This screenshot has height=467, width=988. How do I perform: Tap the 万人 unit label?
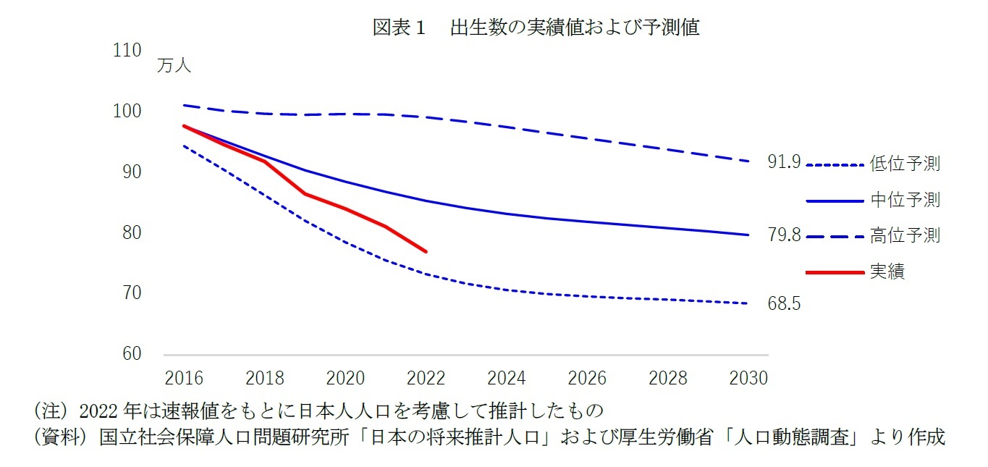174,66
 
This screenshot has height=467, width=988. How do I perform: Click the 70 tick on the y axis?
130,293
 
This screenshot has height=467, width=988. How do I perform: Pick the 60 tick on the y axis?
130,354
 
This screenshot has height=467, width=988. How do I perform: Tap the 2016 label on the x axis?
184,378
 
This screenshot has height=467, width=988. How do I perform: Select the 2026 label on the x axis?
587,378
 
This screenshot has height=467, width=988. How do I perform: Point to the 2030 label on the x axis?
748,378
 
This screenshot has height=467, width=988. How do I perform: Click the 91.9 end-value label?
784,163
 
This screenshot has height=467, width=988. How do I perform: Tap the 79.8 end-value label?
784,235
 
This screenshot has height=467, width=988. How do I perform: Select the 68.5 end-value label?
784,304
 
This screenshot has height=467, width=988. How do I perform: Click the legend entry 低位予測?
905,164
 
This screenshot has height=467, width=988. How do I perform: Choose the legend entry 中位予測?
905,200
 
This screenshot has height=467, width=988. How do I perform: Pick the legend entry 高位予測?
905,235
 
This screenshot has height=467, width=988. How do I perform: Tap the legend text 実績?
887,272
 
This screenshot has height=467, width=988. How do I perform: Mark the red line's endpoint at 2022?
426,251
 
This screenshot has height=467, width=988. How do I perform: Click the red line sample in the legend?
835,272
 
